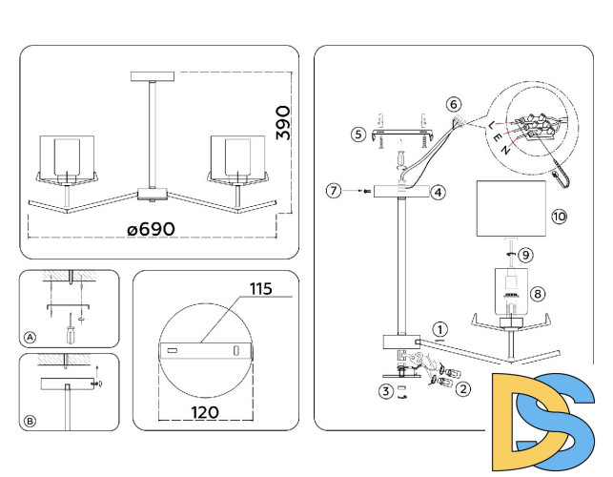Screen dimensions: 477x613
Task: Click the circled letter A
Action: [x=30, y=337]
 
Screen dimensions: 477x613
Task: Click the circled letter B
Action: [x=30, y=420]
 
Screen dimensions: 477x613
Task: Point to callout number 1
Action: [x=439, y=328]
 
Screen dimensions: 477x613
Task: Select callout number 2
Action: [x=463, y=388]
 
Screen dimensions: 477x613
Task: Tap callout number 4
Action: [x=438, y=192]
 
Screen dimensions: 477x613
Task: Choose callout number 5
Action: [x=358, y=135]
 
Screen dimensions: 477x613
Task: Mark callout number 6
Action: [x=453, y=103]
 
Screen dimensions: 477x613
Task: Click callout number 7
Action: [x=333, y=191]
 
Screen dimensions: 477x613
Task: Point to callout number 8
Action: [x=538, y=295]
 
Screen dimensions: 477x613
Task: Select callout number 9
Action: [x=525, y=255]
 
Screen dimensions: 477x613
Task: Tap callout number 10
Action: [x=558, y=217]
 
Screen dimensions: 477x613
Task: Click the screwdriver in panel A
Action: [x=70, y=333]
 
